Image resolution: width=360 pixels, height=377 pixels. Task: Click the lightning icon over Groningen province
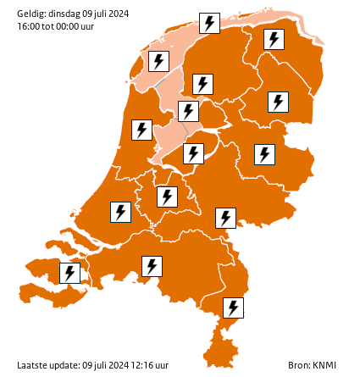click(x=273, y=39)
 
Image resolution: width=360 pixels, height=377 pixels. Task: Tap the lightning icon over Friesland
click(x=202, y=84)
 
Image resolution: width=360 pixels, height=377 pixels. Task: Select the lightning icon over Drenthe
click(x=277, y=102)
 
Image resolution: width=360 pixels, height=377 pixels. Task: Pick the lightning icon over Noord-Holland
click(x=141, y=130)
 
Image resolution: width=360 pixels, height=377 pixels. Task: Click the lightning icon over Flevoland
click(x=194, y=153)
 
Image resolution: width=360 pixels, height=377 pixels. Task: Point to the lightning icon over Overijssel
click(x=264, y=154)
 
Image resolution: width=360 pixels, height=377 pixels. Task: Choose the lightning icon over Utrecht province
click(x=167, y=197)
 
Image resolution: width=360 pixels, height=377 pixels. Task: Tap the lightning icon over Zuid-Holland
click(x=120, y=211)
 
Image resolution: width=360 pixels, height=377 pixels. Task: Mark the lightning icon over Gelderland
click(x=224, y=218)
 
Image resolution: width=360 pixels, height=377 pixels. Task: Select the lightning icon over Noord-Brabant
click(x=152, y=266)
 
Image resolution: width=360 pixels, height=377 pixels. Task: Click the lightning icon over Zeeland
click(x=69, y=273)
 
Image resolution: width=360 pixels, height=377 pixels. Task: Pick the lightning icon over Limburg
click(x=232, y=308)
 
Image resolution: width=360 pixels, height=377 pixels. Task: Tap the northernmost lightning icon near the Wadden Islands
click(x=208, y=23)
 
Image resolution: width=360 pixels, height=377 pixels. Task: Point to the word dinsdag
click(x=67, y=13)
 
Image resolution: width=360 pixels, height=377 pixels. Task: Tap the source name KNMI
click(x=324, y=365)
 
